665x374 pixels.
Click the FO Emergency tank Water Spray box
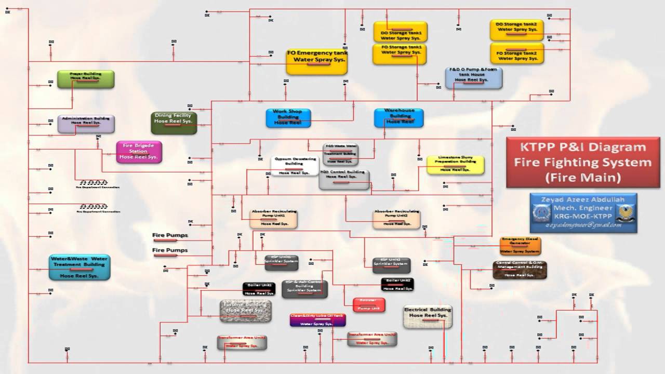[317, 62]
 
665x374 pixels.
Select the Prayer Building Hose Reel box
[86, 79]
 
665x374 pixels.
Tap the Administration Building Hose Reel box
[86, 124]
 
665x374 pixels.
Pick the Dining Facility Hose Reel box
[174, 123]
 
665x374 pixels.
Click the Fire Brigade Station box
[139, 152]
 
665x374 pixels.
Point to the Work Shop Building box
[288, 118]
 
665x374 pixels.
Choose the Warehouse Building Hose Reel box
[398, 118]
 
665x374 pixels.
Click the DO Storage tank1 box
[400, 31]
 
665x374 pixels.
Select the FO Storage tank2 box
[516, 54]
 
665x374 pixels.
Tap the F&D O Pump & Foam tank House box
[473, 77]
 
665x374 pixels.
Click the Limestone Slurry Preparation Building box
[455, 165]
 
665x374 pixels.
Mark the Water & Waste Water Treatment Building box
[79, 267]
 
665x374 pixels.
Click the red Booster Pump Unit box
[368, 305]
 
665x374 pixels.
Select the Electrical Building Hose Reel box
[428, 316]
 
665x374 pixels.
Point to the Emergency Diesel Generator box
[520, 245]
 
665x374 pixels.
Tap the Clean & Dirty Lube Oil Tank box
[317, 320]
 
